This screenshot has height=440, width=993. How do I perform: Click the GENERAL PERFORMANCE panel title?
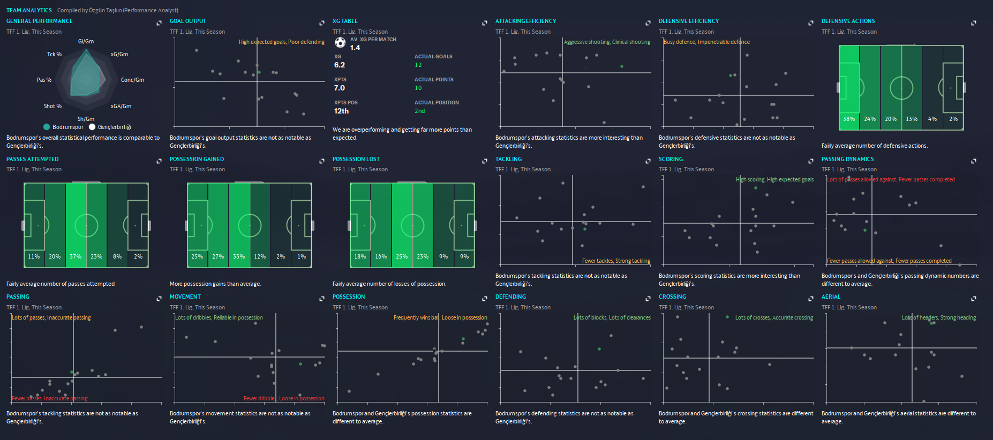39,21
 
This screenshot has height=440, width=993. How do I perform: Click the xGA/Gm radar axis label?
121,106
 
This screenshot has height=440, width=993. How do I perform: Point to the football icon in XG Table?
340,43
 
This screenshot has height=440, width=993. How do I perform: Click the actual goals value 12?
418,65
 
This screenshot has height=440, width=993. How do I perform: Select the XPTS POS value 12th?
341,111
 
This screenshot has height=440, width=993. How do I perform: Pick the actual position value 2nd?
419,111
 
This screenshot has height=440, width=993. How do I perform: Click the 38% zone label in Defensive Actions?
849,119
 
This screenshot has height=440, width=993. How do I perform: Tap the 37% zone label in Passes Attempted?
76,256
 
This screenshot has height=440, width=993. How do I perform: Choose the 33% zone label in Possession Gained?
239,256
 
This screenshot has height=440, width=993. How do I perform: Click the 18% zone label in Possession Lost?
360,256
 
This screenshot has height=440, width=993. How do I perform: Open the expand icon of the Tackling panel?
648,161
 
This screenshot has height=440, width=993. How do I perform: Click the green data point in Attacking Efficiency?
622,66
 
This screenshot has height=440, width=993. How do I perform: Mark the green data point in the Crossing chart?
727,317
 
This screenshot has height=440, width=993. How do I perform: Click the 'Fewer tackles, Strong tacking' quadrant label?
616,261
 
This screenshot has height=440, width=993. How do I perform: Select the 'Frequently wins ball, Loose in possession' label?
440,317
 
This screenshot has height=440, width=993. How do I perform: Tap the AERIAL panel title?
831,297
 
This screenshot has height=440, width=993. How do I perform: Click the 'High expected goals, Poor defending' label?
281,42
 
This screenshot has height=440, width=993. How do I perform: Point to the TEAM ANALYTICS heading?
29,10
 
